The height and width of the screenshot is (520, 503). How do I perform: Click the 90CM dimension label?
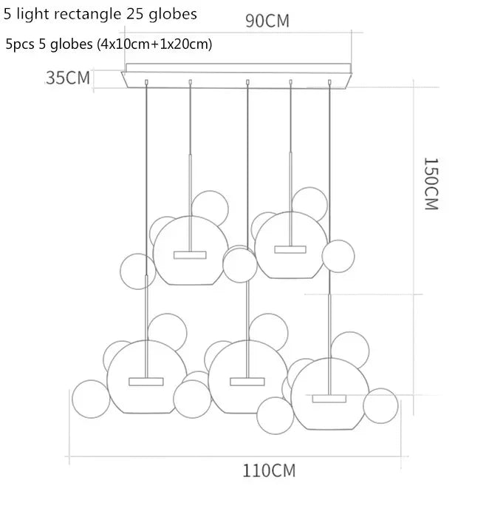[267, 21]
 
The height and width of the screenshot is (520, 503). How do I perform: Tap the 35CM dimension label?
[68, 78]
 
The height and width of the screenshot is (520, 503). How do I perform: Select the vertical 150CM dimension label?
[431, 184]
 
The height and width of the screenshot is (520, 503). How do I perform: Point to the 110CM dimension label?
[269, 470]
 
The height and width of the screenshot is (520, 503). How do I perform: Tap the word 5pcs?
[19, 44]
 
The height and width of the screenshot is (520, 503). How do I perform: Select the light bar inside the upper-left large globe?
[190, 255]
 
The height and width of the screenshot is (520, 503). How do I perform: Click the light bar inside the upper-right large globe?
[290, 249]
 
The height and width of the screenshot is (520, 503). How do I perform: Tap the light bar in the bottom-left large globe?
[146, 381]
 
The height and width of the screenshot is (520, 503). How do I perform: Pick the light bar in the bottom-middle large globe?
[247, 381]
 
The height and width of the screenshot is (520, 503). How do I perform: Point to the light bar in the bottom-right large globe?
[329, 398]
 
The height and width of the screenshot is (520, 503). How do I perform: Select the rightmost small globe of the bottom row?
[380, 405]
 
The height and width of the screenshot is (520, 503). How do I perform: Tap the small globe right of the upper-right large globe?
[338, 256]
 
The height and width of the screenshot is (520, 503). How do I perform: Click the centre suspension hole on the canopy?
[247, 81]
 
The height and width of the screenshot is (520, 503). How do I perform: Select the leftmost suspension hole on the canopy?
[147, 81]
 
